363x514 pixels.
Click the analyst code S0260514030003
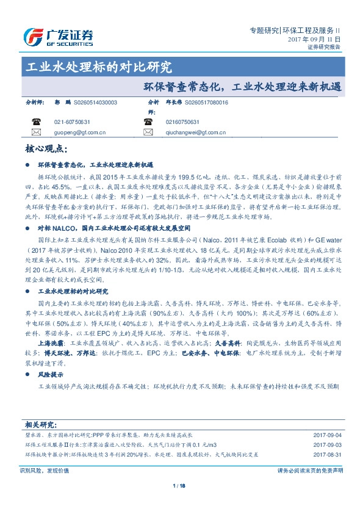pos(90,103)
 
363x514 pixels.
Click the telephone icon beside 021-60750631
pos(36,121)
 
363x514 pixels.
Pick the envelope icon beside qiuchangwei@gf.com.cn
pos(148,132)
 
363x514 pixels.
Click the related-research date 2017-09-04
pos(326,435)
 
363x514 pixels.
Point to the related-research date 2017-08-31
pos(326,455)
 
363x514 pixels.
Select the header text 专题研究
pos(265,29)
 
